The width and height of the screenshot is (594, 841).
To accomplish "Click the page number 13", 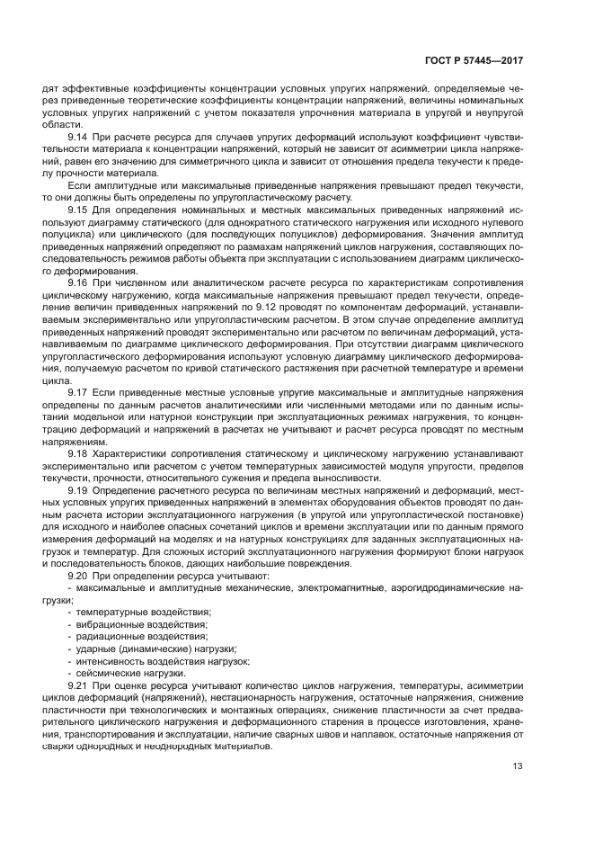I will point(518,766).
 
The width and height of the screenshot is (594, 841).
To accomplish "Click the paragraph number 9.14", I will point(77,138).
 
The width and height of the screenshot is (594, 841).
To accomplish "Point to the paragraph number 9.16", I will point(77,282).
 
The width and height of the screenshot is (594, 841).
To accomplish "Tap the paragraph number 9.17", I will point(77,393).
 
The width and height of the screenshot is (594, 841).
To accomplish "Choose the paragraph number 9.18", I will point(77,453).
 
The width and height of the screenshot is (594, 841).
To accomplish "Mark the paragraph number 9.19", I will point(77,489).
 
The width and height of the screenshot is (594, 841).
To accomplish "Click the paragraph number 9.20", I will point(77,574).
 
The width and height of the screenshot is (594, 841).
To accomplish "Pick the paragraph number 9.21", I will point(77,684).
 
